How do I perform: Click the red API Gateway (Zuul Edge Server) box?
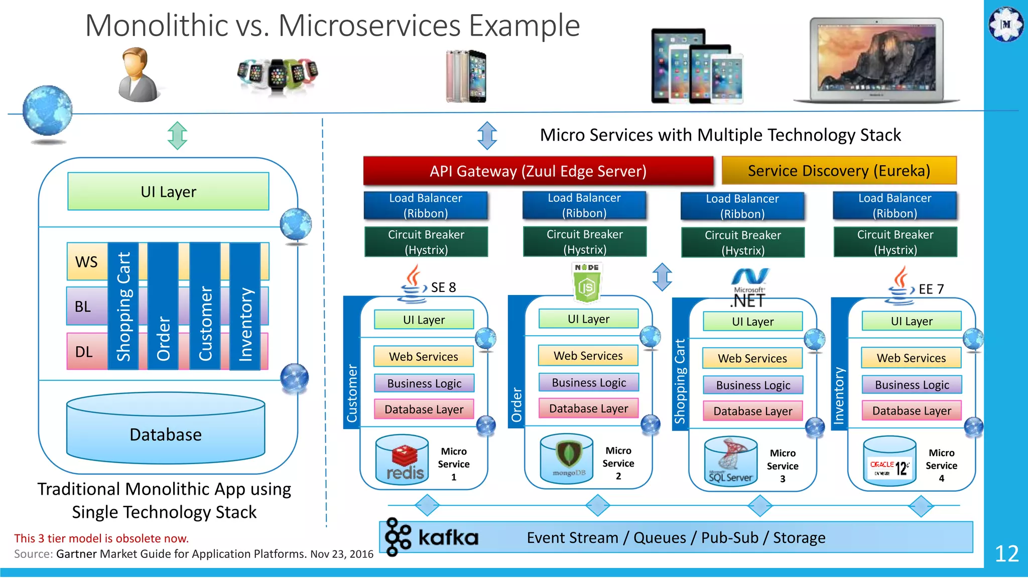(538, 171)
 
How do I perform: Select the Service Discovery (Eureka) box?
(839, 171)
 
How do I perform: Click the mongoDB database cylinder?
(567, 458)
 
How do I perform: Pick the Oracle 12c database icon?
(889, 462)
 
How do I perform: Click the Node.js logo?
(586, 282)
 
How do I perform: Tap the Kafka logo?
(432, 537)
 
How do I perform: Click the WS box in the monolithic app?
(87, 261)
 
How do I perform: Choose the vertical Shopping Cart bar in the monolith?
(123, 307)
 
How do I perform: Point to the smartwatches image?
(278, 75)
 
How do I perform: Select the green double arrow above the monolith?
(177, 135)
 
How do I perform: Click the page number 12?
(1006, 553)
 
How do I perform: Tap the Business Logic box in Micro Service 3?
(752, 385)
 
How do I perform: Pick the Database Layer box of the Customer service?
(424, 409)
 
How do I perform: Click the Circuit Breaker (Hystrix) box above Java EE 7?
(895, 242)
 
